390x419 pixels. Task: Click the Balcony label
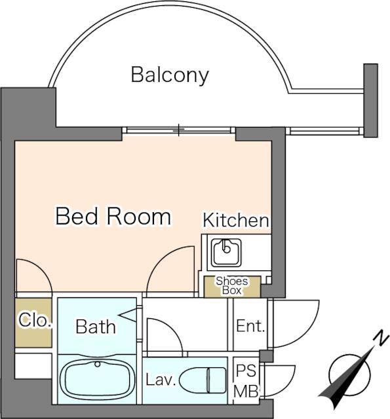tap(170, 75)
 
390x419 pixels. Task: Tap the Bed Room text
tap(113, 216)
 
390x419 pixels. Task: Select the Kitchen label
tap(236, 220)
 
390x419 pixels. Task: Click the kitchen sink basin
tap(226, 253)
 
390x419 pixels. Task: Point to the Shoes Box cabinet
tap(232, 287)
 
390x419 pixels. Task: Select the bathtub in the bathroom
tap(98, 379)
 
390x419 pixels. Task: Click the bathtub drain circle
tap(98, 364)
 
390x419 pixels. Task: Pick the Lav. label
tap(161, 380)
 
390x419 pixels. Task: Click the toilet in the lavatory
tap(203, 380)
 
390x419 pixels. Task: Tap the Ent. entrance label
tap(250, 326)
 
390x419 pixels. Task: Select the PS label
tap(246, 371)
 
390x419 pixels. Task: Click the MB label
tap(246, 392)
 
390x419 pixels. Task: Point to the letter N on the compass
tap(381, 338)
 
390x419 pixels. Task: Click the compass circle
tap(350, 374)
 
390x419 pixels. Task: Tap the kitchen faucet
tap(226, 247)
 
